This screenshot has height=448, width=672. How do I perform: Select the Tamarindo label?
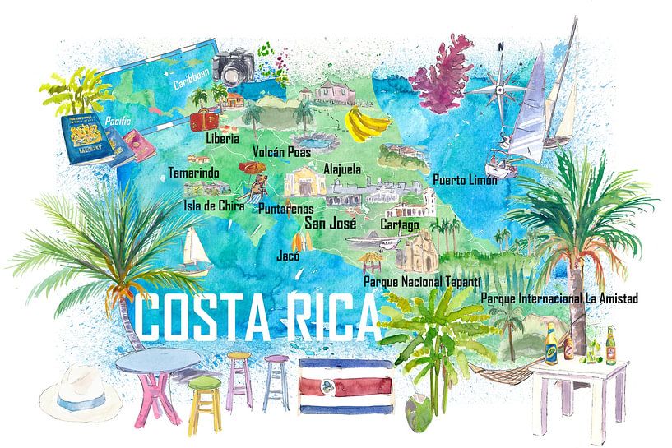(193, 173)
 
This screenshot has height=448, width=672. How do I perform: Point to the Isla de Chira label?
(214, 206)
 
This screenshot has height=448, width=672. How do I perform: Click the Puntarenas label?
(285, 208)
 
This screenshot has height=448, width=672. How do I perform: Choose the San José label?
(330, 221)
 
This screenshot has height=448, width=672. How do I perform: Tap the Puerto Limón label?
(465, 179)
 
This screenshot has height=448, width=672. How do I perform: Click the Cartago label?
(400, 224)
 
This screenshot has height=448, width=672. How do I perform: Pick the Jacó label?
(289, 255)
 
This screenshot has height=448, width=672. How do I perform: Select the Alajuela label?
(344, 167)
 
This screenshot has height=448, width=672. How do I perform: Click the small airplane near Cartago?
(375, 242)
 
